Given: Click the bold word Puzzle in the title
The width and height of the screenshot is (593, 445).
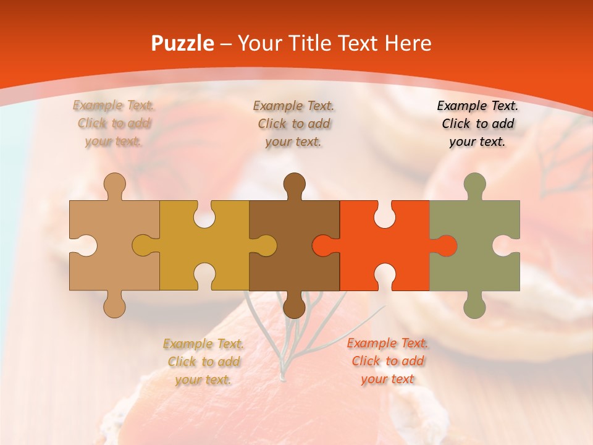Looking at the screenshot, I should (x=182, y=43).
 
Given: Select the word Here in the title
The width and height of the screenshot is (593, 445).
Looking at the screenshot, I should (x=408, y=43).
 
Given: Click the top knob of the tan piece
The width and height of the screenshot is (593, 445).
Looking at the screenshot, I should (x=114, y=185).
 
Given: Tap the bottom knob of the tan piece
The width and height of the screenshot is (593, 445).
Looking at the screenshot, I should (x=114, y=305).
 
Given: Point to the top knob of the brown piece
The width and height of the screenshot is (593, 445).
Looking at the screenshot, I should (x=294, y=185).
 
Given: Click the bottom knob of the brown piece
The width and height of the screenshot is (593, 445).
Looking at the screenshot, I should (x=294, y=305).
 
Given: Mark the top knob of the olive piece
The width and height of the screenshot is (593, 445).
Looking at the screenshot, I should (x=474, y=185).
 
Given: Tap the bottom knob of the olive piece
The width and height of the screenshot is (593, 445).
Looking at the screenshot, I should (x=474, y=305).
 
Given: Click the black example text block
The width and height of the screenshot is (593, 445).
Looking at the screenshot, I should (x=477, y=124).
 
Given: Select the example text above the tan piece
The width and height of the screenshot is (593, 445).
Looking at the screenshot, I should (x=114, y=124).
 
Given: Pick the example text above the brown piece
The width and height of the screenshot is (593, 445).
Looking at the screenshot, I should (x=293, y=124).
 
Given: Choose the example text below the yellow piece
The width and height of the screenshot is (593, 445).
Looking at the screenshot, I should (x=203, y=362).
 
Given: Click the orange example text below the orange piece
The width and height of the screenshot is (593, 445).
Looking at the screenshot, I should (x=387, y=361).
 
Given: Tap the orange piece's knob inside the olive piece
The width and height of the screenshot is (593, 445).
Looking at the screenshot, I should (x=447, y=245).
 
